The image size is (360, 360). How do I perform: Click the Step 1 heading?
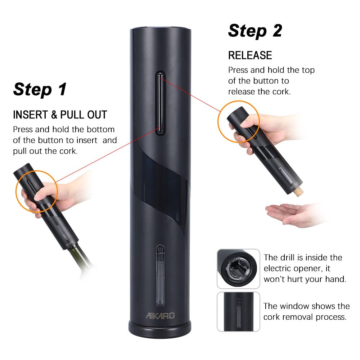(40, 89)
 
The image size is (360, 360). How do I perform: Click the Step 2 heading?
(255, 31)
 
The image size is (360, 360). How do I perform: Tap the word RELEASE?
(250, 55)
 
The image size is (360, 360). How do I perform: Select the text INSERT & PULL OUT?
(60, 115)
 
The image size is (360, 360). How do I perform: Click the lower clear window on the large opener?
(159, 274)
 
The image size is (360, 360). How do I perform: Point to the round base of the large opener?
(159, 329)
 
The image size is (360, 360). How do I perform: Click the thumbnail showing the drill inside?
(238, 269)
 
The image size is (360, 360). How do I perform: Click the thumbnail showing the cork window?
(238, 311)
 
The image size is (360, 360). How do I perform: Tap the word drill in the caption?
(287, 258)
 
